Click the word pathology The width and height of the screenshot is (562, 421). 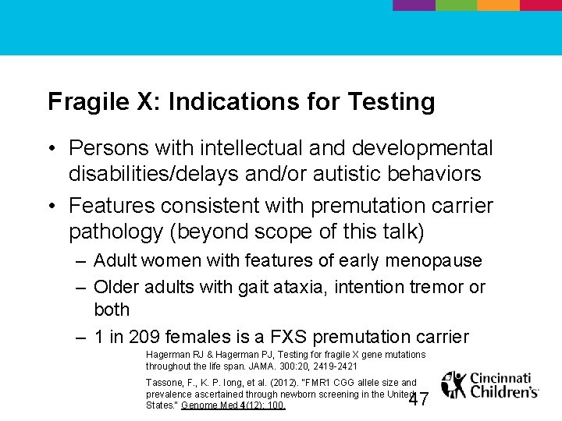pyautogui.click(x=115, y=232)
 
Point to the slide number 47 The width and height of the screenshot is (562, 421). pyautogui.click(x=419, y=399)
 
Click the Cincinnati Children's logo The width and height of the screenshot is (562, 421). pyautogui.click(x=489, y=385)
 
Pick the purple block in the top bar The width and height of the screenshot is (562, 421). pyautogui.click(x=413, y=5)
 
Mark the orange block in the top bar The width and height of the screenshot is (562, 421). pyautogui.click(x=497, y=5)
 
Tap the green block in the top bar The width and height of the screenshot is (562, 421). pyautogui.click(x=455, y=5)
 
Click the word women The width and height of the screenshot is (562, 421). pyautogui.click(x=169, y=260)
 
